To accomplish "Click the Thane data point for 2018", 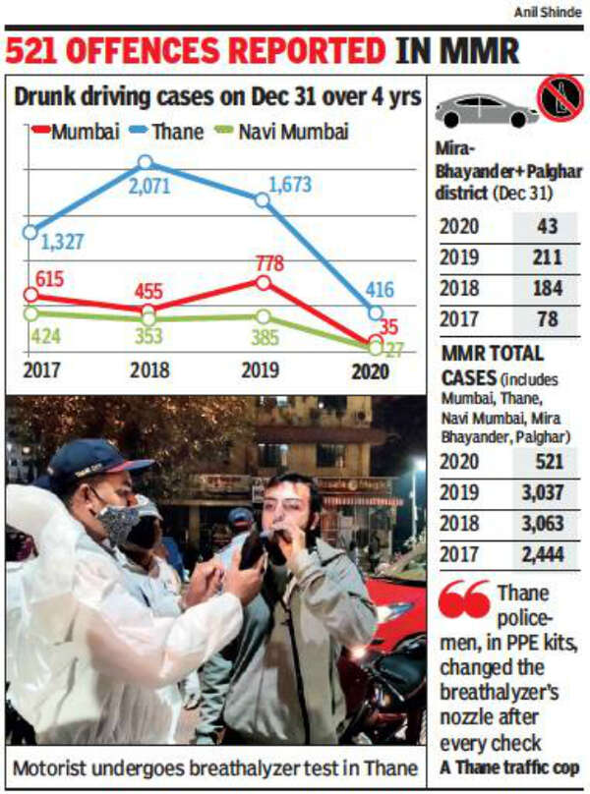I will point(147,162).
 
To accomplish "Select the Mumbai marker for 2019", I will point(263,282).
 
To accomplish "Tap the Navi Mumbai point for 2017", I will point(30,313).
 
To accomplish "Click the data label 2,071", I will point(147,188).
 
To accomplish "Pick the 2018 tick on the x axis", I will point(147,371).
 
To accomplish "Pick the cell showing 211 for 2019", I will point(547,257).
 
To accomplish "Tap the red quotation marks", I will point(464,599).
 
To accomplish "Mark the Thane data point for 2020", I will point(375,312).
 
